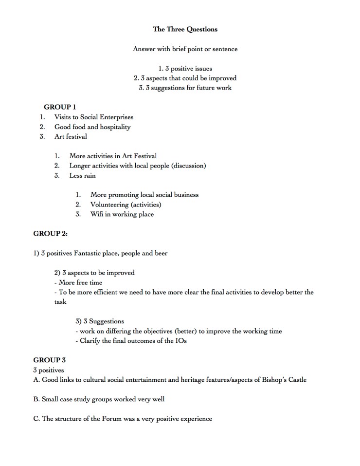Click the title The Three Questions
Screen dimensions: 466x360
(x=185, y=29)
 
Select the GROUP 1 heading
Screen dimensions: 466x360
(x=60, y=107)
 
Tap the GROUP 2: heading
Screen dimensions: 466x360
(x=50, y=234)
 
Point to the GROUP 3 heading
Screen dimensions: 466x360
(x=49, y=360)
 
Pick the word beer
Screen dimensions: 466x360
(x=159, y=253)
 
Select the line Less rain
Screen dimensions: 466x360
(x=82, y=175)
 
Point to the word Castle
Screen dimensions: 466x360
(x=295, y=380)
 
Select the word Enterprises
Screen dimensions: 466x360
(x=115, y=117)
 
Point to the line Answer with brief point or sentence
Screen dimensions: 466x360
(x=185, y=49)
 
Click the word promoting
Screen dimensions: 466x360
(x=124, y=195)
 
